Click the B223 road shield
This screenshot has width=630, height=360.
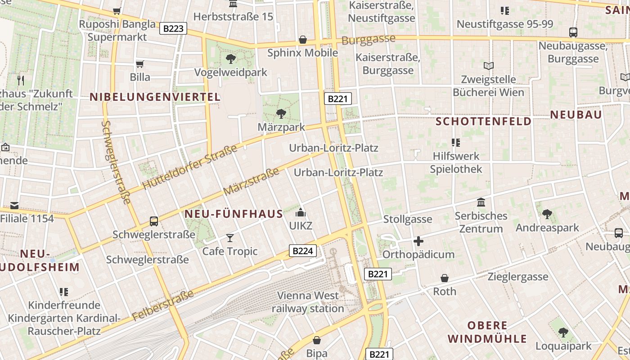[173, 29]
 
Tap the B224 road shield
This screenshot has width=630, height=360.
[302, 251]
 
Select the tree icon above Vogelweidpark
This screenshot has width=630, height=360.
[230, 58]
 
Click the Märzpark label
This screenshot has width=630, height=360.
[281, 127]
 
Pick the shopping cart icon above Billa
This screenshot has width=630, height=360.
[140, 64]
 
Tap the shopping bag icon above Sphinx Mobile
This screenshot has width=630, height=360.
[303, 40]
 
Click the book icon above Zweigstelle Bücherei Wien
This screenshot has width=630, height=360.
[488, 66]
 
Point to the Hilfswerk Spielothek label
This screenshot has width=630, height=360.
[456, 162]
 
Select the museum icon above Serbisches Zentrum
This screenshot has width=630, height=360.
[481, 202]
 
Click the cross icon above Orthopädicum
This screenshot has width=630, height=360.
[418, 241]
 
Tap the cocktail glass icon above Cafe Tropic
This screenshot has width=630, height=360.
[230, 238]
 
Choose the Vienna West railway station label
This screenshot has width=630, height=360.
[308, 302]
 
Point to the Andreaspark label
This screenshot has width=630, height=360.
[547, 228]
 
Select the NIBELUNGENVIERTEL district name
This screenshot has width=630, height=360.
[155, 97]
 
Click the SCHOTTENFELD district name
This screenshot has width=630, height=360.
[483, 121]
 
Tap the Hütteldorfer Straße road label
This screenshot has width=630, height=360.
[189, 167]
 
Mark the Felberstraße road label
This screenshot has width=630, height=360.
[163, 306]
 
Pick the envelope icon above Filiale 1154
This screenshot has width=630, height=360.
[14, 206]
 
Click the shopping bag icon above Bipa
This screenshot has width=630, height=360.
[317, 340]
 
